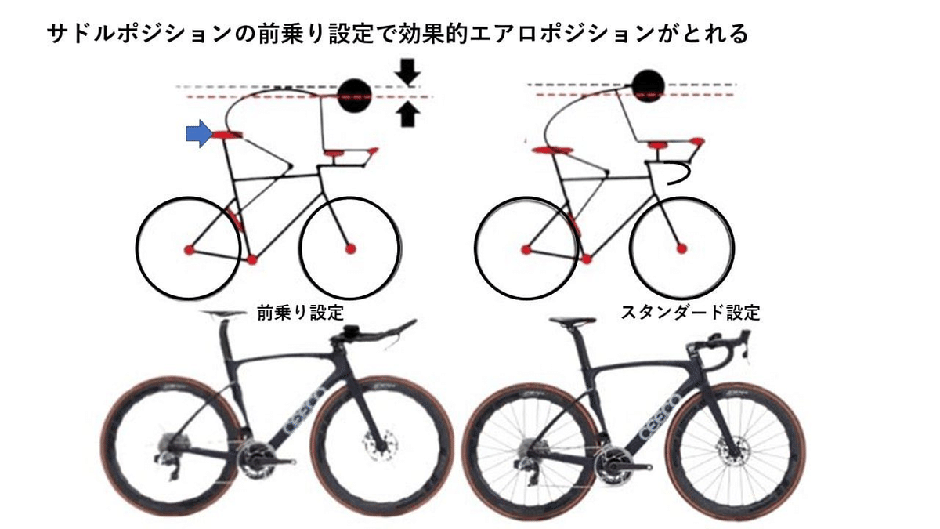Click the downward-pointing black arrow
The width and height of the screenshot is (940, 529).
pyautogui.click(x=407, y=73)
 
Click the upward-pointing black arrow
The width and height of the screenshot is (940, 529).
pyautogui.click(x=407, y=115)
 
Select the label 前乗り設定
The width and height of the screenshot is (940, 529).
pyautogui.click(x=301, y=313)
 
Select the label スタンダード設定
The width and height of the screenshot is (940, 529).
pyautogui.click(x=690, y=313)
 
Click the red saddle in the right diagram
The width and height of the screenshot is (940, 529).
pyautogui.click(x=549, y=149)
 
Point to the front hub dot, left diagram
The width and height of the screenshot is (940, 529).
pyautogui.click(x=350, y=249)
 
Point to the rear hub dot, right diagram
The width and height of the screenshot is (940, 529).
pyautogui.click(x=525, y=249)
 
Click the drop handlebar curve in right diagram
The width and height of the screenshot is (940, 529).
pyautogui.click(x=679, y=173)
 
